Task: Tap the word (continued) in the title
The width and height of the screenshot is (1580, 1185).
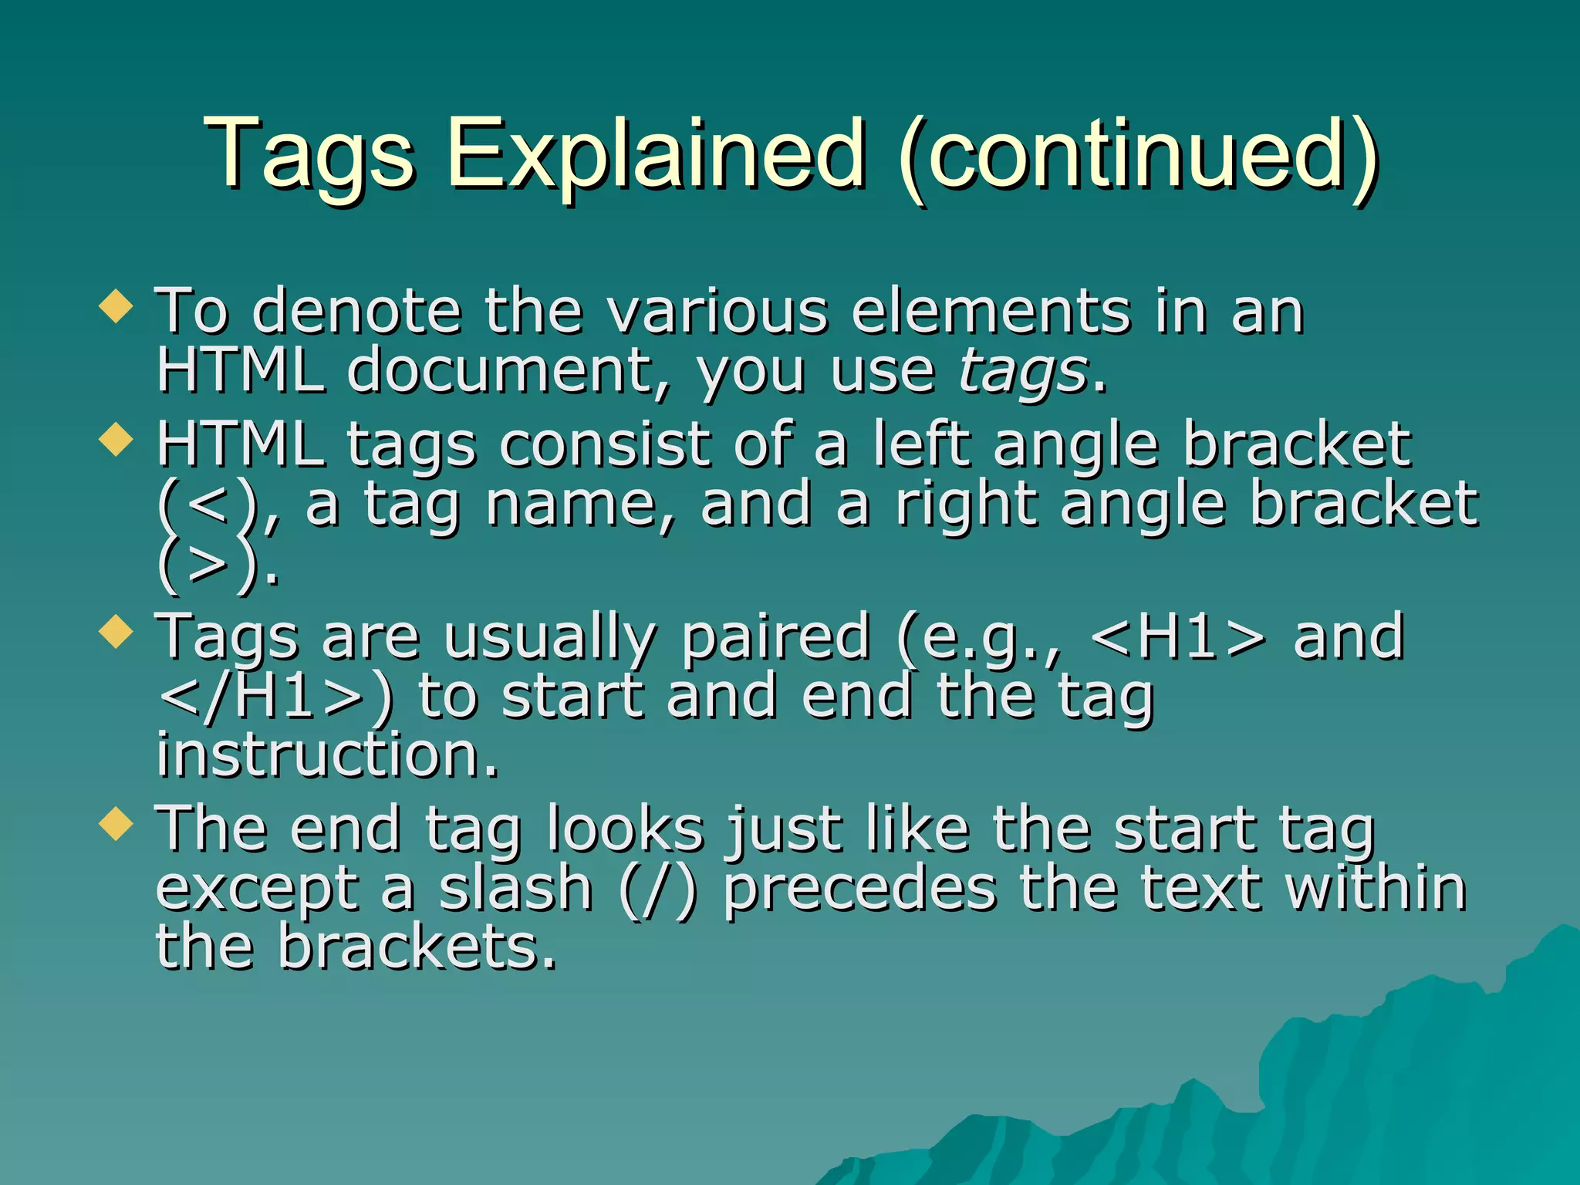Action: click(1139, 154)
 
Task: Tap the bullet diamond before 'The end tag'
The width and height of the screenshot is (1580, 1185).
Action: click(116, 823)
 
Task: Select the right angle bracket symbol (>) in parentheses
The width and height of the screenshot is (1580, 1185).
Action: click(207, 565)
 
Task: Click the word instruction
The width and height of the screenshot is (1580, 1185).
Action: click(327, 755)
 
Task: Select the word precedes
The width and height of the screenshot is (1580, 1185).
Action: click(859, 889)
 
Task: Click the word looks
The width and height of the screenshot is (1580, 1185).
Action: click(625, 829)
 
